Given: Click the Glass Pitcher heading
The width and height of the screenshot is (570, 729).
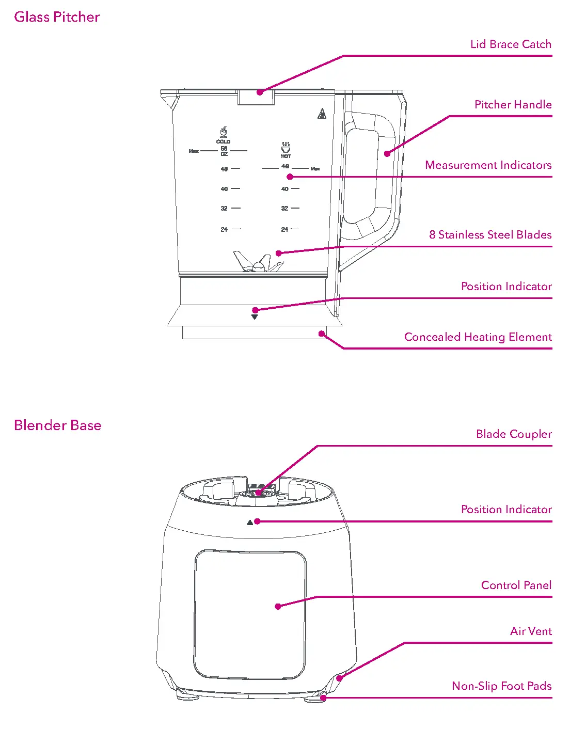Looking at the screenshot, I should [x=57, y=17].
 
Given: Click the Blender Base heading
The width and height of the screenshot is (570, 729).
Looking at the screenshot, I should [x=57, y=425].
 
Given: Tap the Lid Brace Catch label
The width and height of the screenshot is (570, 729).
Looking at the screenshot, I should [x=511, y=44].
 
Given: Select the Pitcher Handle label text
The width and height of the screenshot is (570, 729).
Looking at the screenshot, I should [x=513, y=105].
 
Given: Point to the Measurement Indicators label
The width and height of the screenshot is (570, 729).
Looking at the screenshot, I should [x=488, y=165].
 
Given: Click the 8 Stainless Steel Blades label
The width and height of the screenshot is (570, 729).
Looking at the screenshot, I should [x=490, y=235].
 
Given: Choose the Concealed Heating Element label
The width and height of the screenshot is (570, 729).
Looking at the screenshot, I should [x=478, y=337].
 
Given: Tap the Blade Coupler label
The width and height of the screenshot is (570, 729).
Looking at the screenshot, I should [x=514, y=434].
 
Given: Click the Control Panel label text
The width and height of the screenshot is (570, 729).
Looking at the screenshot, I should [x=516, y=585].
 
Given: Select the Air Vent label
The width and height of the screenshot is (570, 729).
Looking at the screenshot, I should [x=531, y=631].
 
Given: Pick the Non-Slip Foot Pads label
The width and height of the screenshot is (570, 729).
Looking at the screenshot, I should [x=501, y=686].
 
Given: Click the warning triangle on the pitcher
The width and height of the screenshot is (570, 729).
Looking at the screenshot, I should [x=322, y=114].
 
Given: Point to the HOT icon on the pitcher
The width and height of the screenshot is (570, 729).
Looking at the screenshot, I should [x=286, y=148].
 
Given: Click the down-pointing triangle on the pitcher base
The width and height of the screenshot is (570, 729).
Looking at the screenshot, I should [x=255, y=317].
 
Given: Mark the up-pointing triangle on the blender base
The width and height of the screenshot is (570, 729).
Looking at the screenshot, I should [x=250, y=522].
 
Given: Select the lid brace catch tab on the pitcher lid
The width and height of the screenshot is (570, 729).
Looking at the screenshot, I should [x=256, y=97].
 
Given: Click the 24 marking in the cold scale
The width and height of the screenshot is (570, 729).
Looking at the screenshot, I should [x=224, y=229].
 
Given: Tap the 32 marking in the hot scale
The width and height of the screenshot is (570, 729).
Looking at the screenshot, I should [x=284, y=209].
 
